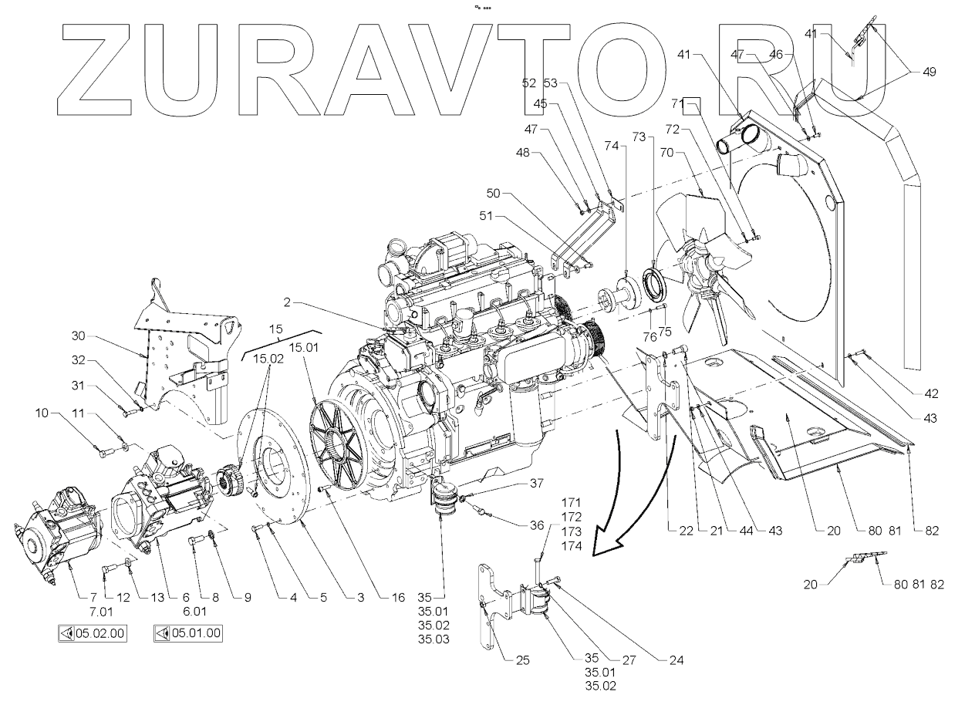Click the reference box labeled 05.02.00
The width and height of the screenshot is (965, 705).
point(93,634)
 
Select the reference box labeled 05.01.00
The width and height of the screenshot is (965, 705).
point(188,634)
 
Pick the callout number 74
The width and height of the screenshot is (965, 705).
point(611,144)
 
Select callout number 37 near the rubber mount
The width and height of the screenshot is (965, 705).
point(535,484)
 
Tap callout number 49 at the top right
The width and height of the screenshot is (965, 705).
point(929,72)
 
